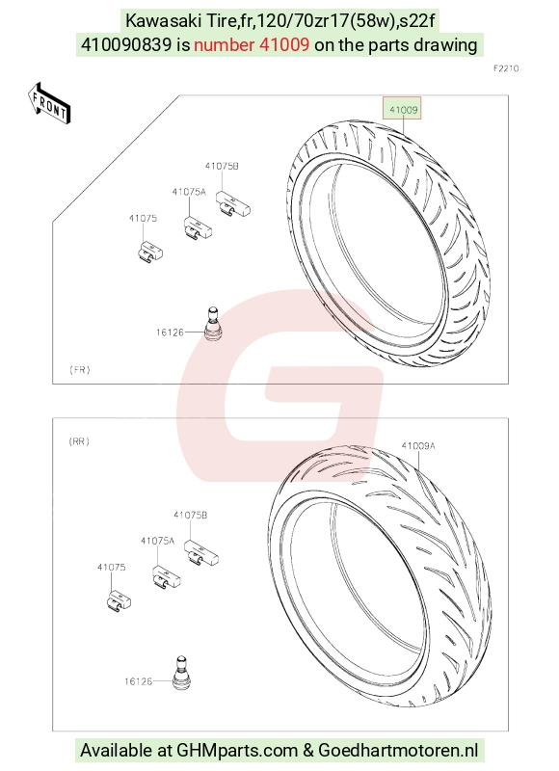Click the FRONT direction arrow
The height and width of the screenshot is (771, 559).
[49, 103]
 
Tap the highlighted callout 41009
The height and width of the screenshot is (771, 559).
[403, 110]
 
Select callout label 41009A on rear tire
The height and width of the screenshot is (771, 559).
[418, 446]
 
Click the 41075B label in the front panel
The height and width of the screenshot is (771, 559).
[222, 166]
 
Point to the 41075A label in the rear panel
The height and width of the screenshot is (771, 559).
[157, 541]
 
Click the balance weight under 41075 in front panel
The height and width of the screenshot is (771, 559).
[150, 253]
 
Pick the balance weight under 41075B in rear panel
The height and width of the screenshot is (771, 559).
[201, 552]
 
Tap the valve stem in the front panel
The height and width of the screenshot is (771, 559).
[213, 324]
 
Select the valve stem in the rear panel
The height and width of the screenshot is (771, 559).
[181, 672]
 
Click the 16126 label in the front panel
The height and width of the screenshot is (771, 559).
[170, 332]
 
